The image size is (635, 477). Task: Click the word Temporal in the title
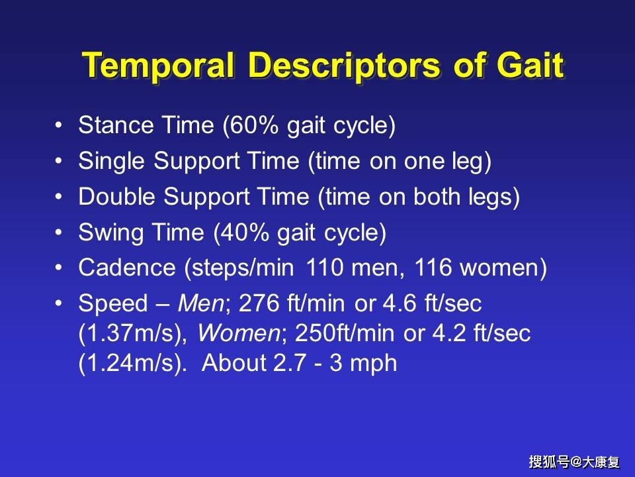click(158, 66)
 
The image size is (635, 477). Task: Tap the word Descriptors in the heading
click(344, 66)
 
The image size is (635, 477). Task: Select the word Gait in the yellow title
click(530, 65)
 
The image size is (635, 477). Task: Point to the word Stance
click(116, 125)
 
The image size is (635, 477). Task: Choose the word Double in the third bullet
click(116, 196)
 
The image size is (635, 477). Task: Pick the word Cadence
click(127, 268)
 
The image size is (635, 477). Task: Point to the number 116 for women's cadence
click(433, 268)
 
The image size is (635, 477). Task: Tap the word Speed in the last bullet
click(113, 303)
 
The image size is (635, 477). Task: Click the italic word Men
click(200, 303)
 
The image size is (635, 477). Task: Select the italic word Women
click(239, 333)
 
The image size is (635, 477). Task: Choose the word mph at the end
click(373, 364)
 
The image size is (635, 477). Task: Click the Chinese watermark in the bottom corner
click(574, 462)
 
